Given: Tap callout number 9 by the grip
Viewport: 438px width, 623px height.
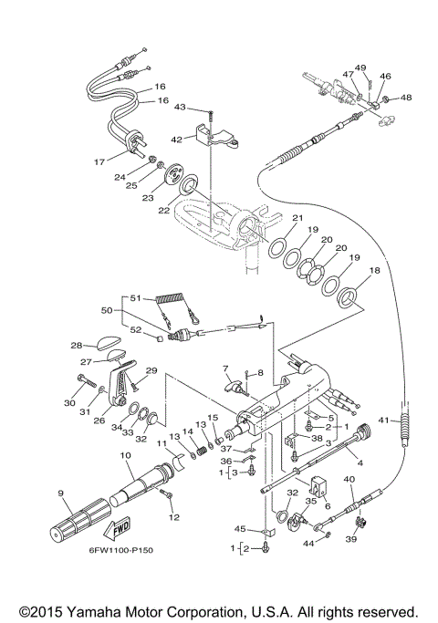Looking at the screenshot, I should coord(61,493).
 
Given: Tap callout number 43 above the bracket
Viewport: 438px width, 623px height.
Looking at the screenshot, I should coord(180,108).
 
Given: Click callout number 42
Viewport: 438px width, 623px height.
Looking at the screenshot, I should coord(177,139).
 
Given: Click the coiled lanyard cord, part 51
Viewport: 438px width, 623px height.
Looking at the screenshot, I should coord(168,300).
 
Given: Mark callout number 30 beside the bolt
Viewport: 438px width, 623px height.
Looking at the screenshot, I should coord(68,402).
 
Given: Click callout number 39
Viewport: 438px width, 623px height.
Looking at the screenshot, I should coord(348,540).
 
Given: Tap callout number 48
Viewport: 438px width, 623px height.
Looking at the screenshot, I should coord(406,97).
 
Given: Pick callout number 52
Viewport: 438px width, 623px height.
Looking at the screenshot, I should coord(135,329).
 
